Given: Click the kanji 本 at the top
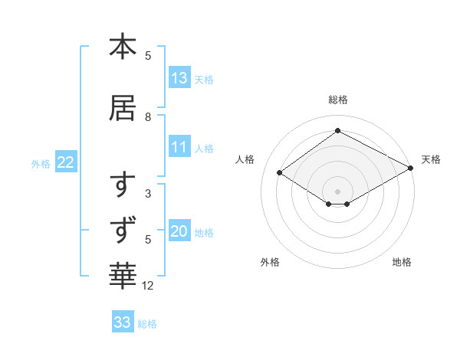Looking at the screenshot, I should pos(123,47).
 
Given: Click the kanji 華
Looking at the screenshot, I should pos(123,273).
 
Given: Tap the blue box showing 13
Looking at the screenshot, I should pos(179,78).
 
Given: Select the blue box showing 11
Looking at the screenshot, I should pos(179,148).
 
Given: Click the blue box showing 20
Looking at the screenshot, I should pos(179,232).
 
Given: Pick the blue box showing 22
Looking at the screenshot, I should pos(66,162).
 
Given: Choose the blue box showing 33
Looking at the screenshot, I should pos(123,322).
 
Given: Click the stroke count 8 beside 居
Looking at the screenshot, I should pos(148,117).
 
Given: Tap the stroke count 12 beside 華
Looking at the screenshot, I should pos(148,286).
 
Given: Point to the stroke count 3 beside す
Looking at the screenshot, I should pos(148,194).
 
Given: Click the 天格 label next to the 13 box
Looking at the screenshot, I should pos(204,79).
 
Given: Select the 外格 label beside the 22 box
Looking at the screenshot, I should pos(41,163).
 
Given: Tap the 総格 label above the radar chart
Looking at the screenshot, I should pos(337,100).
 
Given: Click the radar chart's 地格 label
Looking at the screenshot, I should pos(402,262).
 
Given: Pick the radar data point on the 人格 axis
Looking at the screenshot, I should pos(280,173).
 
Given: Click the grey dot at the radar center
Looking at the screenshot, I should pos(337,191).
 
